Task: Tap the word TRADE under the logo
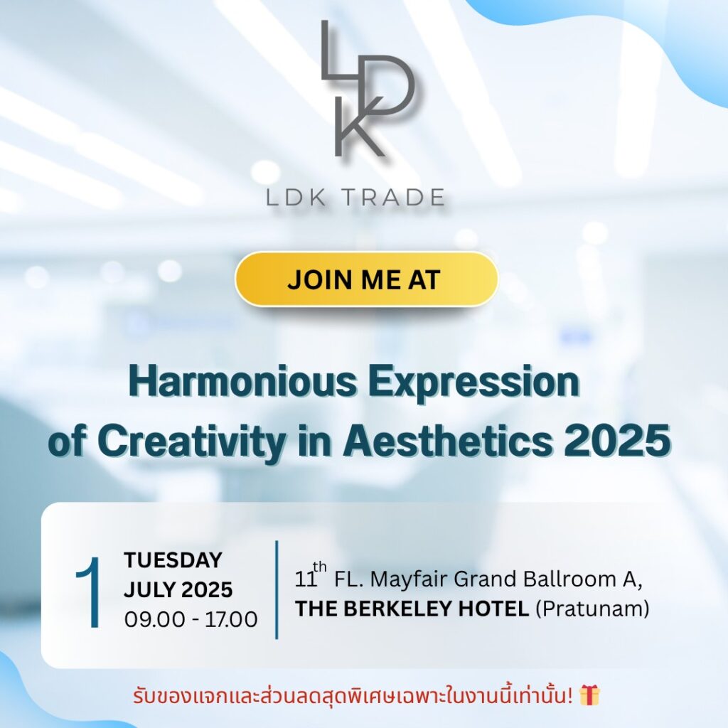395,197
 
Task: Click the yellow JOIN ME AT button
365,279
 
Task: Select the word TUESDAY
173,560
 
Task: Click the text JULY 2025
178,589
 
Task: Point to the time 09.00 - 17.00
191,619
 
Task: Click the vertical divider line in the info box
276,589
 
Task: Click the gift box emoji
589,695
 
